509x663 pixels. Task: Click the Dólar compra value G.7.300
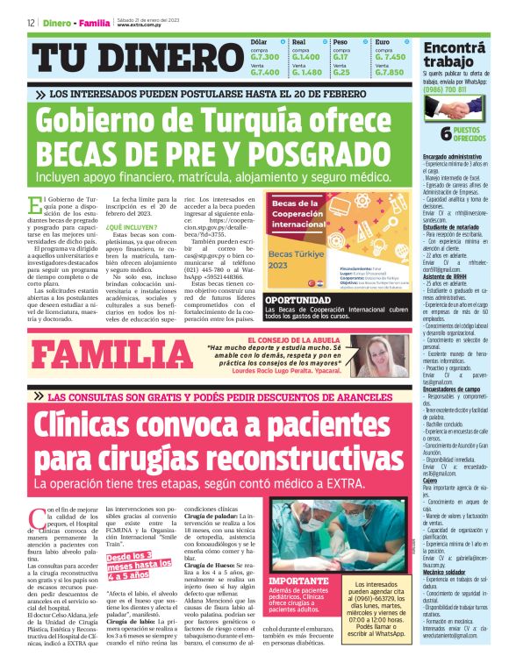(x=266, y=56)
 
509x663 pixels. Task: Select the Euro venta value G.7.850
(x=390, y=72)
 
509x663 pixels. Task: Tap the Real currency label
(x=298, y=41)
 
